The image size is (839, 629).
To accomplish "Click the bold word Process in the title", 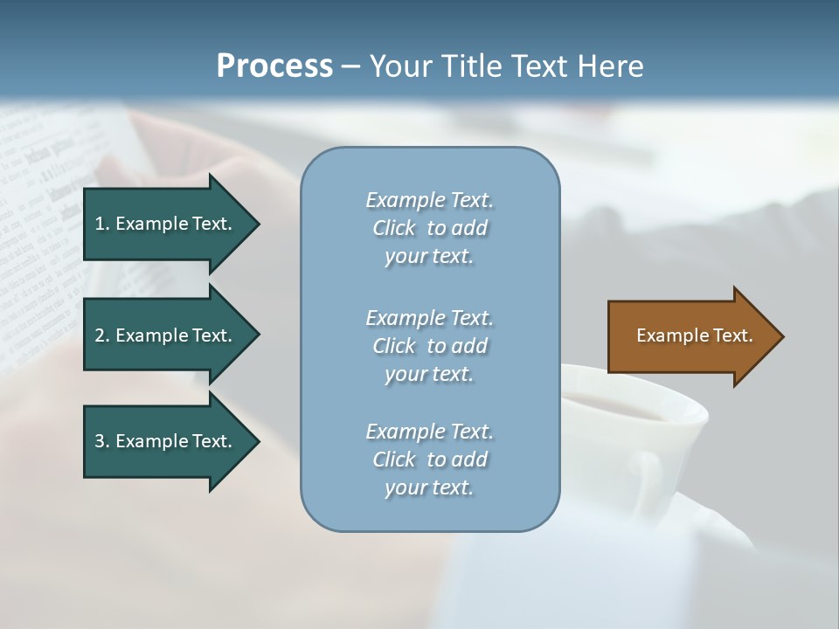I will (274, 66).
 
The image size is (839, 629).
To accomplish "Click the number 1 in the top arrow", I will (100, 224).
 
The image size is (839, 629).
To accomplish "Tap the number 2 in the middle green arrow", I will (100, 335).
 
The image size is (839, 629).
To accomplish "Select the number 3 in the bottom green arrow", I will (100, 441).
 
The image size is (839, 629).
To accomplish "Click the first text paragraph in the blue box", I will (429, 228).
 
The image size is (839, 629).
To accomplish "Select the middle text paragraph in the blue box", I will (429, 346).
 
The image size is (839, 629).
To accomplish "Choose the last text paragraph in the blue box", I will (429, 460).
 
